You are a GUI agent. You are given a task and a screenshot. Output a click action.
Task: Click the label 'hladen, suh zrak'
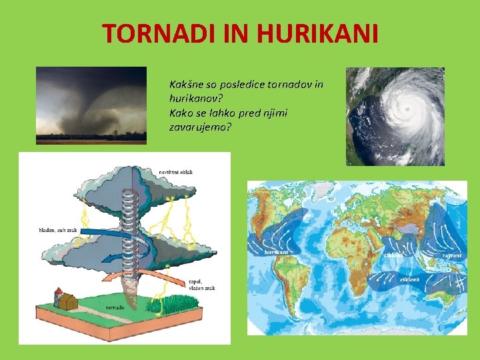click(58, 230)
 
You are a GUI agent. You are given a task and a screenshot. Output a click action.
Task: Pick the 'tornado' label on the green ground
click(115, 308)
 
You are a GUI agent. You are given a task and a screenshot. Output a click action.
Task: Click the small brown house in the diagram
click(68, 301)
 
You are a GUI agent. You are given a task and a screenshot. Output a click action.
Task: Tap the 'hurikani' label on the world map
click(277, 253)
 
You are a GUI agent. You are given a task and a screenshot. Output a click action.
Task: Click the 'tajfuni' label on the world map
click(451, 255)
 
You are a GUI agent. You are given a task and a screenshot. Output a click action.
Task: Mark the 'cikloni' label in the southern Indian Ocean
click(409, 279)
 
